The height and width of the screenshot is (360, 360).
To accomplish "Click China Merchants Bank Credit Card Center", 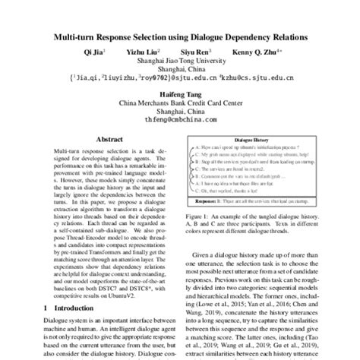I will point(179,101).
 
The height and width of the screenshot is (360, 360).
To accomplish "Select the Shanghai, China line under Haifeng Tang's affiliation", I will point(179,109).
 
